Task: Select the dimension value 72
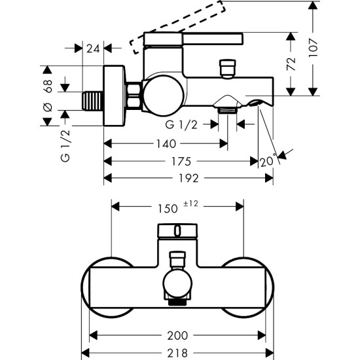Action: (292, 63)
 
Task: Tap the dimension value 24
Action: (93, 47)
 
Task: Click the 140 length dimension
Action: (164, 144)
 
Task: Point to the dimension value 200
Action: (177, 335)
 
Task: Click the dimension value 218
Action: (177, 351)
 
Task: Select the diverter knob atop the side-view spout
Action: (228, 68)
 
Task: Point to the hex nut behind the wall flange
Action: (134, 97)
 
